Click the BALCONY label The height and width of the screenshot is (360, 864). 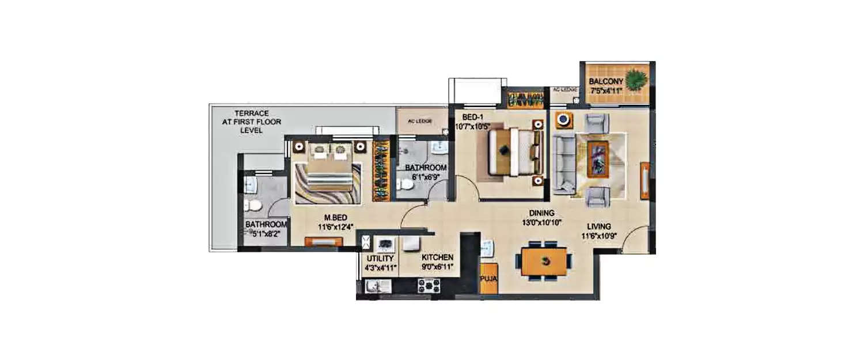pos(605,82)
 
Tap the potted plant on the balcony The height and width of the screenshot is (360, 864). pos(636,79)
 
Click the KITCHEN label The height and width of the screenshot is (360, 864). pos(437,257)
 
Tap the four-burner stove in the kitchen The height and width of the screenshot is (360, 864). pos(429,285)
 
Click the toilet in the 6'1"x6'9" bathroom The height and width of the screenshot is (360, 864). pos(406,184)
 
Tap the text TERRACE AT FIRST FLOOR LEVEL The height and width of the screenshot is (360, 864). pos(251,122)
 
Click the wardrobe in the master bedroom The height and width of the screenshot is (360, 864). pos(381,170)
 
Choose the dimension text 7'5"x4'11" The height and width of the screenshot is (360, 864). pos(606,90)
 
